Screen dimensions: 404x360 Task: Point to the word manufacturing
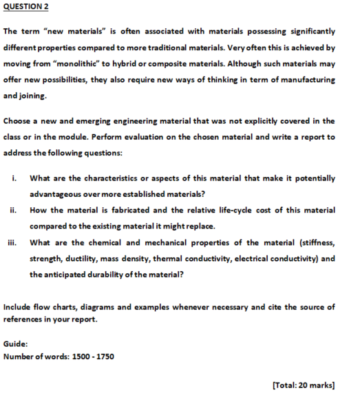coord(306,80)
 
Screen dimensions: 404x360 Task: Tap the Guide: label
coord(16,340)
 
